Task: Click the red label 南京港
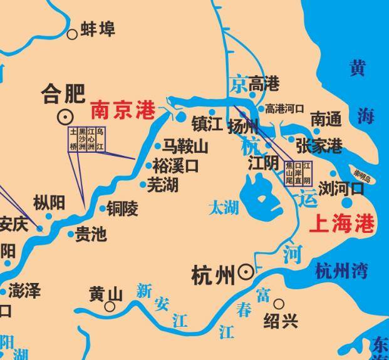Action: tap(123, 111)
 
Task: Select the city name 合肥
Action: tap(63, 94)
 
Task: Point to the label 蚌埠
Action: tap(98, 30)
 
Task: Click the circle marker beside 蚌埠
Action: tap(73, 34)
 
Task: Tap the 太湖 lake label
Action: tap(224, 207)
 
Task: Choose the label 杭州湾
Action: tap(341, 270)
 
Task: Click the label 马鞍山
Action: tap(185, 147)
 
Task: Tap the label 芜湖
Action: tap(163, 185)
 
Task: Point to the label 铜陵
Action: tap(122, 208)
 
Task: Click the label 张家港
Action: tap(319, 146)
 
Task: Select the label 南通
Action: tap(326, 118)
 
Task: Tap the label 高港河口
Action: tap(284, 108)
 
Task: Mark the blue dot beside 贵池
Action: tap(71, 234)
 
